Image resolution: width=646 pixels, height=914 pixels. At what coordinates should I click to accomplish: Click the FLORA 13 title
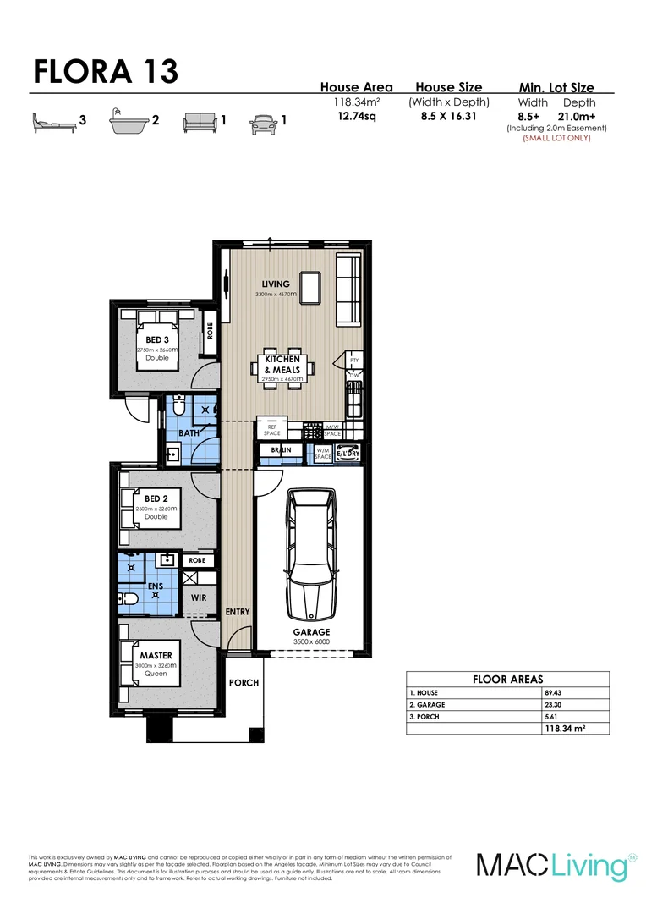pos(106,72)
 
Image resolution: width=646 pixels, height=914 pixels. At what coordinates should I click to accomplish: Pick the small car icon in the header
pos(263,123)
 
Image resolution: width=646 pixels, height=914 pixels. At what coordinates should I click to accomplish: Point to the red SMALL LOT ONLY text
pos(556,138)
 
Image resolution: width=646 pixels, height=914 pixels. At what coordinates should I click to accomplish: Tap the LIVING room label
pos(276,284)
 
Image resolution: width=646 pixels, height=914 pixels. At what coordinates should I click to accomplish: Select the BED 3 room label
pos(157,340)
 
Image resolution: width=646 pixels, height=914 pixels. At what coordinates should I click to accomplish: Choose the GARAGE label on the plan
pos(311,632)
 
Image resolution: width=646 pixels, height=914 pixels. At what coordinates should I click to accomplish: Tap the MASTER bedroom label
pos(156,655)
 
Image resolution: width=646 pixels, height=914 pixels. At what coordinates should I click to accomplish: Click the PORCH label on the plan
pos(244,682)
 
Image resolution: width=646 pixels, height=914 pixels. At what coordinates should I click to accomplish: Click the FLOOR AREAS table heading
pos(507,680)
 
